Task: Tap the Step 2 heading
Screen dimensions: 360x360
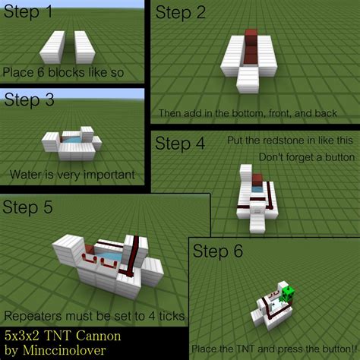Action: (181, 12)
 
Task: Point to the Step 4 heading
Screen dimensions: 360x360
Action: (179, 143)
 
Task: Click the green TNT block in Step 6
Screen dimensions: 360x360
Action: (287, 292)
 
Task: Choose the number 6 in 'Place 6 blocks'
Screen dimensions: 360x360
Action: (38, 73)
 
